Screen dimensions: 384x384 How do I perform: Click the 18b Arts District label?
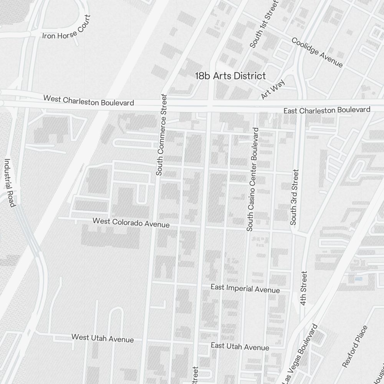[x=230, y=76]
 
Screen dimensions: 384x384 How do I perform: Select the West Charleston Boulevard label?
[x=89, y=101]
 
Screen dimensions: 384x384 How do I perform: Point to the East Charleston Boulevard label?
[x=327, y=110]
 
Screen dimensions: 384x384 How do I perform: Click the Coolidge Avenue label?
[x=317, y=52]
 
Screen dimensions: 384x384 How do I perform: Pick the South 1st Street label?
[x=263, y=24]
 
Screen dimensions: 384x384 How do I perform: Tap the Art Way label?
[x=273, y=89]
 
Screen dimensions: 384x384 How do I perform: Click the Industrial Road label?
[x=10, y=183]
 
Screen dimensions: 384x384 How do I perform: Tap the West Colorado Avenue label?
[x=131, y=223]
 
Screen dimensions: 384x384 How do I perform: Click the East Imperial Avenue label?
[x=245, y=288]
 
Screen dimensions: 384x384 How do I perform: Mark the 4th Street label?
[x=304, y=288]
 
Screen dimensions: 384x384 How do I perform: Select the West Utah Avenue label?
[x=103, y=338]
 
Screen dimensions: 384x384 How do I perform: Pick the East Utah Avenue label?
[x=240, y=346]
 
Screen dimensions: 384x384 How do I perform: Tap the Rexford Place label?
[x=354, y=346]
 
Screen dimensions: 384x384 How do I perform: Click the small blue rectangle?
[x=358, y=279]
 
